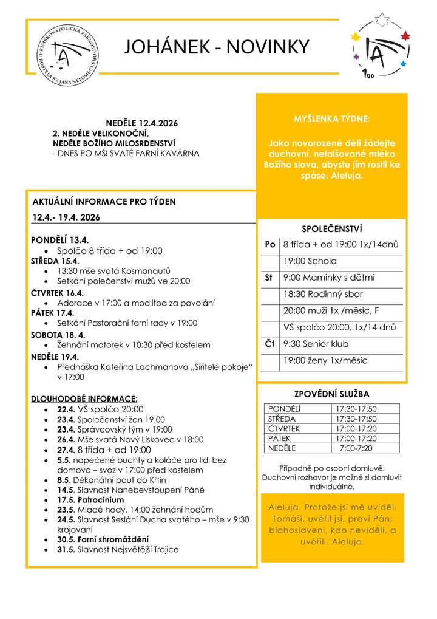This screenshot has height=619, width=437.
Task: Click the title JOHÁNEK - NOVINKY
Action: click(217, 47)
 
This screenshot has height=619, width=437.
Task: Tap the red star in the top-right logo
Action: click(405, 36)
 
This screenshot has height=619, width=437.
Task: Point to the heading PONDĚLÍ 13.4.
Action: click(60, 241)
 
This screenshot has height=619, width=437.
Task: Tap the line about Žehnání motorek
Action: click(134, 344)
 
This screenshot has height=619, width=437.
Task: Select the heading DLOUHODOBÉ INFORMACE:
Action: click(84, 398)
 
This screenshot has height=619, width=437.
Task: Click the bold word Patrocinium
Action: click(99, 500)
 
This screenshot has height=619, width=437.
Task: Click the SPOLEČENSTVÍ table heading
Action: click(331, 229)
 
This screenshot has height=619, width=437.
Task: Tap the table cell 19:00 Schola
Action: click(310, 261)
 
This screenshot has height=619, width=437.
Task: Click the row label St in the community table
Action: click(268, 278)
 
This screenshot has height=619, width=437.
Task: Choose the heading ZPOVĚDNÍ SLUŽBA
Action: click(331, 394)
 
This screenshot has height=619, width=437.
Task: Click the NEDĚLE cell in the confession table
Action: click(282, 448)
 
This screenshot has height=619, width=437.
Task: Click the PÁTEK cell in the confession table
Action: click(280, 439)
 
